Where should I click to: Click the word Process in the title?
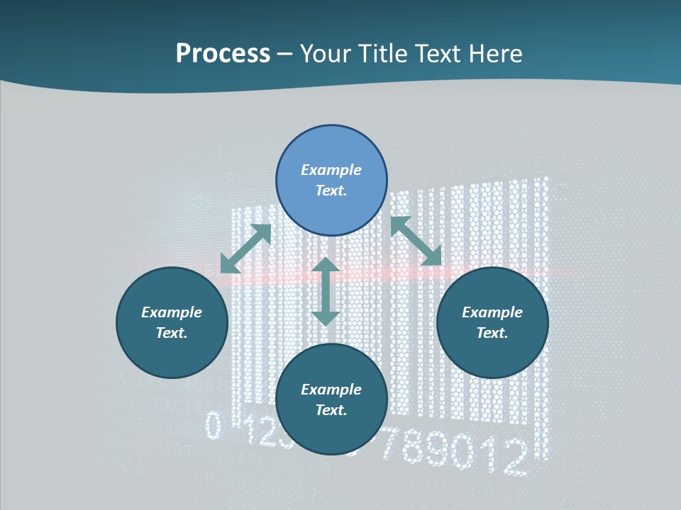[x=223, y=54]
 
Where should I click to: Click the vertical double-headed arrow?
[x=326, y=291]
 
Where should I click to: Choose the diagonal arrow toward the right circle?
[x=416, y=241]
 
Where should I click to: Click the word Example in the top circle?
[x=331, y=170]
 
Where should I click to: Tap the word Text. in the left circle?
[x=172, y=333]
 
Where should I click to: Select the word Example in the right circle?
[x=492, y=312]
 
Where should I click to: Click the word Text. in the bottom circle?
[x=331, y=410]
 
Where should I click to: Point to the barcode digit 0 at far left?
[x=213, y=426]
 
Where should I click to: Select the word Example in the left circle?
[x=172, y=312]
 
